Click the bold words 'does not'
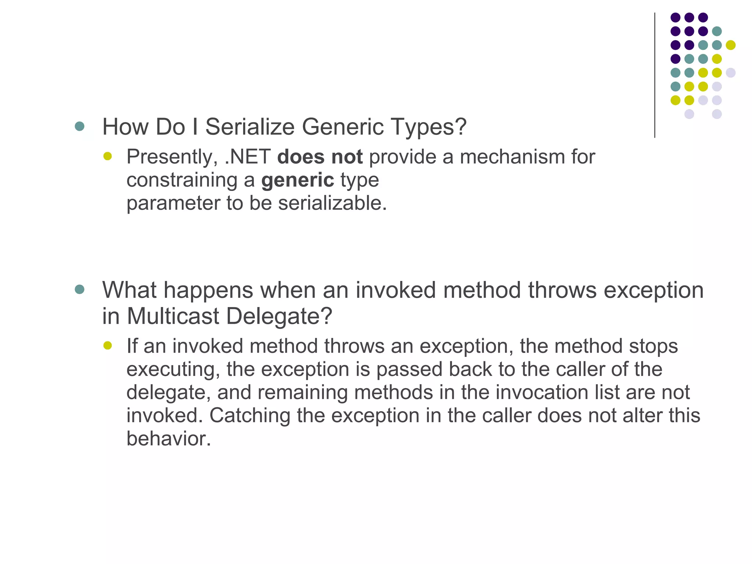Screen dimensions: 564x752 click(320, 157)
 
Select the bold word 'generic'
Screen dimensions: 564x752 click(297, 180)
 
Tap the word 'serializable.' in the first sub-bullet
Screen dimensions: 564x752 click(332, 203)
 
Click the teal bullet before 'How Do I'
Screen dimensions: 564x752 click(79, 127)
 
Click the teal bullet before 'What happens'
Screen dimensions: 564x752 click(79, 289)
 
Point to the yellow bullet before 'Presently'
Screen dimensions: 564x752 click(107, 156)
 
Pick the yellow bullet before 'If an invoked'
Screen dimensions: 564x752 click(107, 346)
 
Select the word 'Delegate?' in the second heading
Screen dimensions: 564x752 click(279, 316)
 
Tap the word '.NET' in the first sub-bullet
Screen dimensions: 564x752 click(247, 157)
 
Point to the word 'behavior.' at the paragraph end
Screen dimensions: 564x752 click(169, 438)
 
